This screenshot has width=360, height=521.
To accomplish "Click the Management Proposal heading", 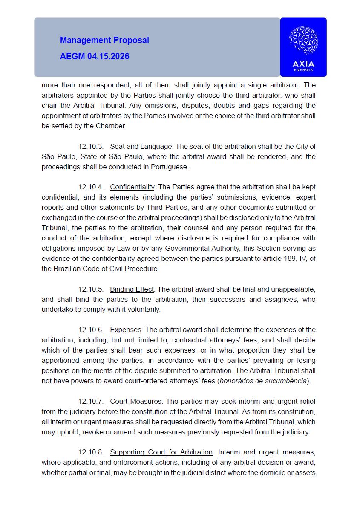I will coord(104,40).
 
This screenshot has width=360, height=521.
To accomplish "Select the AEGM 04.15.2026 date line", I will coord(95,56).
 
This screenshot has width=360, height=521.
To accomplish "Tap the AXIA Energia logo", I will coord(303,47).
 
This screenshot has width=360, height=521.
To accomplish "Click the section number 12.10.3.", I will coord(91,146).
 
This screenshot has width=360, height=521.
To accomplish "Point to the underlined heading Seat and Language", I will coord(141,146).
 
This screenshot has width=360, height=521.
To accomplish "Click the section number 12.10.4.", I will coord(91,187).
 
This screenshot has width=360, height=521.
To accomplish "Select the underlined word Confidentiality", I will coord(132,187).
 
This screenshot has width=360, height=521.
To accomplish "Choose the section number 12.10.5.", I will coord(91,289).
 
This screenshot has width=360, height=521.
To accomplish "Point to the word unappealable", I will coord(295,289).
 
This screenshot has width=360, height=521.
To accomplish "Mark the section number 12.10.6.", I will coord(91,330).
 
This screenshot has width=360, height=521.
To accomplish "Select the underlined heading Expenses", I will coord(126,330).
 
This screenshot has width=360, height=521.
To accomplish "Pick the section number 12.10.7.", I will coord(91,401).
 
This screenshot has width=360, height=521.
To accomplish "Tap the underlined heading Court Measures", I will coord(135,401).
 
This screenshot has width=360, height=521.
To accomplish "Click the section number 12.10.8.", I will coord(91,452).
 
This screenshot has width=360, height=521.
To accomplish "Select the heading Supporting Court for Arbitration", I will coord(161,452).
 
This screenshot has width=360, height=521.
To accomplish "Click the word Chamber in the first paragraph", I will coord(112,126).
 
